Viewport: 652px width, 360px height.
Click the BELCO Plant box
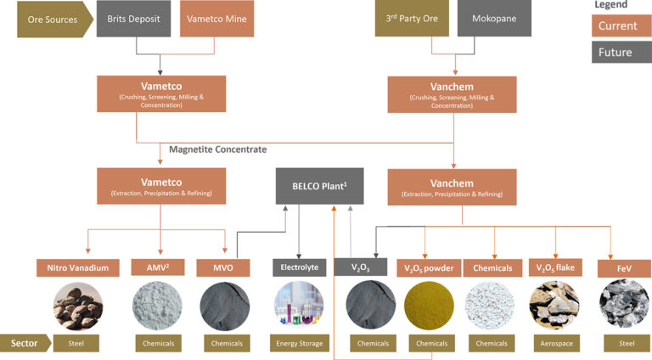[319, 186]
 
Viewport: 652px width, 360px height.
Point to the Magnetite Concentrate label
[217, 149]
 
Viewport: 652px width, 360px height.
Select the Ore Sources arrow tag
[51, 20]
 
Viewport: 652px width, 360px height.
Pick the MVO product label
[225, 268]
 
